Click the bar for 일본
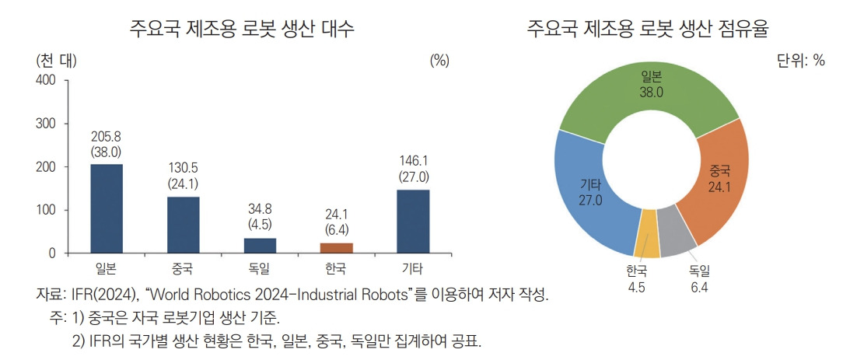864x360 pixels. [x=107, y=208]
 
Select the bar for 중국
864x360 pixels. [x=183, y=225]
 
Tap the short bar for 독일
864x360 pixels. [x=260, y=246]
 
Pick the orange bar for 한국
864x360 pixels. [x=336, y=248]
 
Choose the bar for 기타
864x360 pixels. [x=413, y=222]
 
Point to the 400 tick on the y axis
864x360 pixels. [x=46, y=80]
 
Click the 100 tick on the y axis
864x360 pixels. [x=46, y=210]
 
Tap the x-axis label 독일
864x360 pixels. [x=260, y=270]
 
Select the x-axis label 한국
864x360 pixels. [x=336, y=270]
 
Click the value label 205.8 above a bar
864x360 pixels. [x=107, y=137]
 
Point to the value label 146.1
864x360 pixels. [x=413, y=161]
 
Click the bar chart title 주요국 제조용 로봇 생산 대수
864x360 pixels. [x=242, y=30]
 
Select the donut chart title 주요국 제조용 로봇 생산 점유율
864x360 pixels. [x=648, y=30]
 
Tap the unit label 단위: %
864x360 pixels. [x=800, y=61]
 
